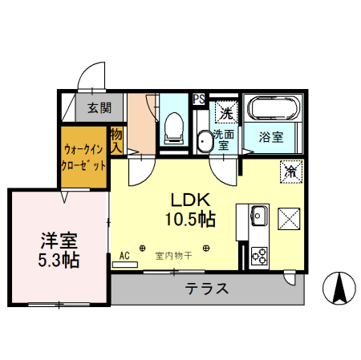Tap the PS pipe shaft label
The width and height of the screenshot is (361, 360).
point(198,99)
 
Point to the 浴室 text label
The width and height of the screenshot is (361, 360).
point(270,137)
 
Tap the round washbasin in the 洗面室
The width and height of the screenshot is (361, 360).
point(204,141)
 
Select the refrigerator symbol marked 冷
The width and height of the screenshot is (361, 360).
point(290,170)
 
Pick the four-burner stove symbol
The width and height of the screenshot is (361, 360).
point(259,256)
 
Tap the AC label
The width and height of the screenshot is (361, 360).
point(124,256)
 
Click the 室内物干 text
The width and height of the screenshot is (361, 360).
point(174,257)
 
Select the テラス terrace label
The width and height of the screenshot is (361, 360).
point(207,289)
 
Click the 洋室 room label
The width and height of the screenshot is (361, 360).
point(59,240)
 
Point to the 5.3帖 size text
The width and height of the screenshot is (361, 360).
point(59,260)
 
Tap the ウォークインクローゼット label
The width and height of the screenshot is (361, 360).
point(84,157)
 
